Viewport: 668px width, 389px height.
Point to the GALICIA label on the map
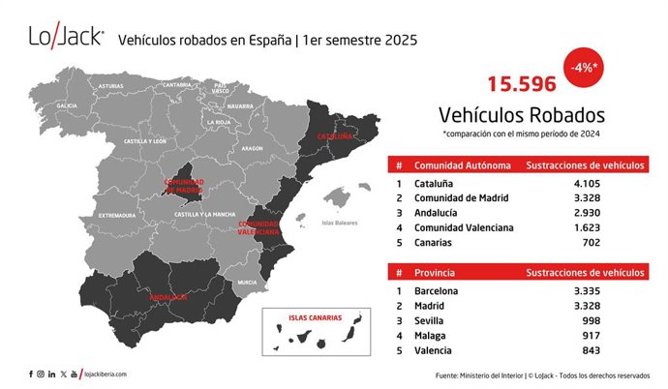coord(67,105)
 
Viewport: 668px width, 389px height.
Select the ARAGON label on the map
coord(252,148)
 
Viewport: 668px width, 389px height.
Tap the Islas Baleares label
coord(340,224)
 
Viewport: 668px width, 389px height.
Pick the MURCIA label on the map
coord(247,282)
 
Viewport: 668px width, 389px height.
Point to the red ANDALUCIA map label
coord(167,297)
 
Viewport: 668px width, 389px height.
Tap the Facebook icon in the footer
coord(31,374)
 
